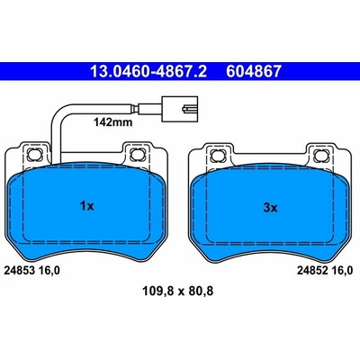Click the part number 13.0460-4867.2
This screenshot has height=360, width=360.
[x=148, y=72]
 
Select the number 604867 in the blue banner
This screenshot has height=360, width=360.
[x=254, y=72]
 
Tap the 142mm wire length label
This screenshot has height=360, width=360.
[x=112, y=122]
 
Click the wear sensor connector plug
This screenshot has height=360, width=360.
[x=180, y=109]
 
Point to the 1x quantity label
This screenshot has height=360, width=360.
[x=87, y=206]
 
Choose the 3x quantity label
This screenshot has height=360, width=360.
[x=271, y=208]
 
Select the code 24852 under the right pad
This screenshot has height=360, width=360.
[x=312, y=271]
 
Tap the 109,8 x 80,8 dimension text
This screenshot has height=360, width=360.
[x=177, y=291]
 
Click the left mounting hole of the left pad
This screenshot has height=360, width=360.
[x=32, y=155]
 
